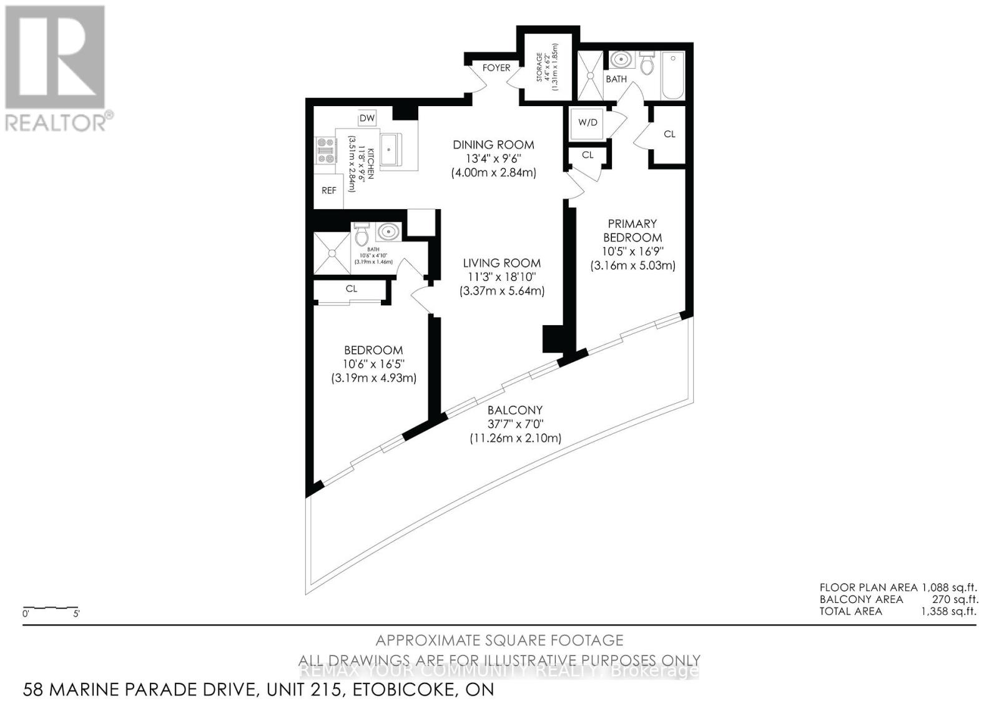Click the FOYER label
[496, 67]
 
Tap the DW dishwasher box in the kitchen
[367, 118]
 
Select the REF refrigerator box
[329, 190]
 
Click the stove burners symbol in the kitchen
[325, 150]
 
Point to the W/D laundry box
[587, 122]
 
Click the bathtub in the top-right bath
[672, 76]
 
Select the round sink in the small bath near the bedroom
[388, 232]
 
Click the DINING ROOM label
[493, 144]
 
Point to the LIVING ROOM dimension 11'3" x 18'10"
[502, 277]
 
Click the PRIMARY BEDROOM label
[632, 230]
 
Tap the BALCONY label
[515, 410]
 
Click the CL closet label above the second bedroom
[352, 288]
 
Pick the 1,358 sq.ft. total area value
[948, 611]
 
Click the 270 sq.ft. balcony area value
[953, 599]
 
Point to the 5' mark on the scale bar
[76, 614]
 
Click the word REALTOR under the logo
[55, 122]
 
